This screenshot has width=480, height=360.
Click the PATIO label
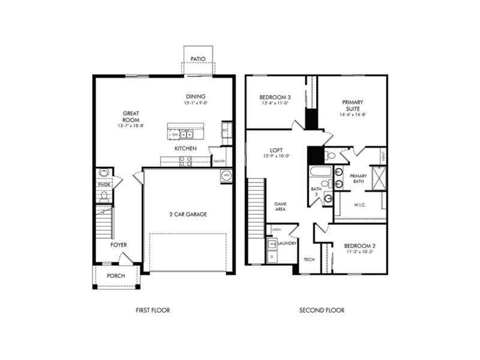tap(198, 59)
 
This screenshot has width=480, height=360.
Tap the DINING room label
tap(196, 97)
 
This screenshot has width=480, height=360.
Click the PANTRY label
tap(219, 161)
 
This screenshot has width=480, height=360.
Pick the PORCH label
tap(116, 276)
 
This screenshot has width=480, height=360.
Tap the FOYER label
tap(118, 245)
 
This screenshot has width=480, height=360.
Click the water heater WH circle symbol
tap(226, 176)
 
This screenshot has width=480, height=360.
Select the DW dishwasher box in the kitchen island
tap(175, 135)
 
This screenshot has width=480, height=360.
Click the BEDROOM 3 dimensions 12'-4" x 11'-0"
tap(275, 103)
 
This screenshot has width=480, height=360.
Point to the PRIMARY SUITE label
tap(353, 106)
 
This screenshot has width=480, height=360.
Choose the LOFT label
tap(277, 149)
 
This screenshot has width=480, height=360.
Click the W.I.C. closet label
tap(360, 205)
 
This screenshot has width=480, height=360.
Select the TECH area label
tap(309, 260)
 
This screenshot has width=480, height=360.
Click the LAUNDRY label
tap(287, 244)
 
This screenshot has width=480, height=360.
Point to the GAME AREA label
tap(280, 206)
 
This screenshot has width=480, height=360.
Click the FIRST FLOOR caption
tap(153, 310)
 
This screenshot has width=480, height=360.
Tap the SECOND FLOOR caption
tap(322, 310)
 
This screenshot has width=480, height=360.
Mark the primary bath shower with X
tap(378, 178)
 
